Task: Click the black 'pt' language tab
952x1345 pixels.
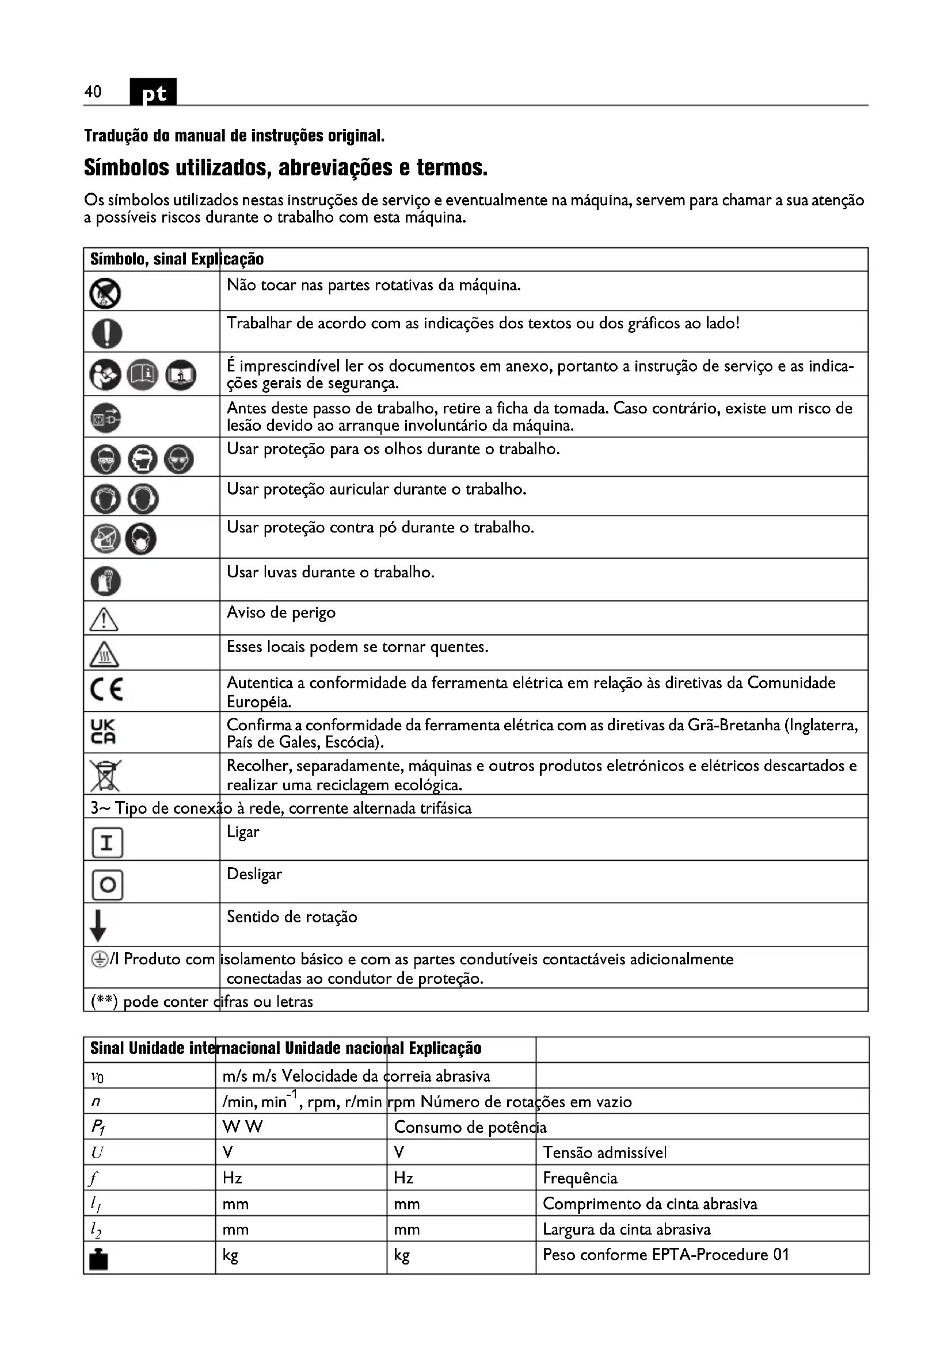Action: click(153, 93)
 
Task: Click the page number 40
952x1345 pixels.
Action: click(93, 92)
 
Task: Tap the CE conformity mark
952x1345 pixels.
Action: click(106, 689)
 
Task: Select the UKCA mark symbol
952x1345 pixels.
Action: click(102, 731)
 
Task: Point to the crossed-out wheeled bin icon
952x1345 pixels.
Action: click(105, 775)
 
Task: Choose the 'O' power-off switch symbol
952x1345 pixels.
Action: click(107, 884)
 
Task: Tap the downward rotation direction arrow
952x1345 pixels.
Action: click(98, 926)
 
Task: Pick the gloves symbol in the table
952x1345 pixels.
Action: click(105, 581)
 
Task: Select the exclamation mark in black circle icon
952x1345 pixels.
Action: click(106, 334)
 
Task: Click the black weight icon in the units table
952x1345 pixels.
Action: click(98, 1257)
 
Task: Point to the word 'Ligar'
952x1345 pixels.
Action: click(243, 832)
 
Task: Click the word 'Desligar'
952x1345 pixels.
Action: click(254, 874)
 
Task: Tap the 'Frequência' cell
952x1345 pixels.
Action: click(580, 1178)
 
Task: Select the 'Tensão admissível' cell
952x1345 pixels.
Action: click(604, 1152)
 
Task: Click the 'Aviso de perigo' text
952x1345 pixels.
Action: click(281, 613)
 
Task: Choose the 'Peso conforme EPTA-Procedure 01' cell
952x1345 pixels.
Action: click(665, 1254)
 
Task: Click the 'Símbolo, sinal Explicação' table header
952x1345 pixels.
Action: click(177, 259)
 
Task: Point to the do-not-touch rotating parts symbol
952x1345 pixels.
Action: click(105, 293)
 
